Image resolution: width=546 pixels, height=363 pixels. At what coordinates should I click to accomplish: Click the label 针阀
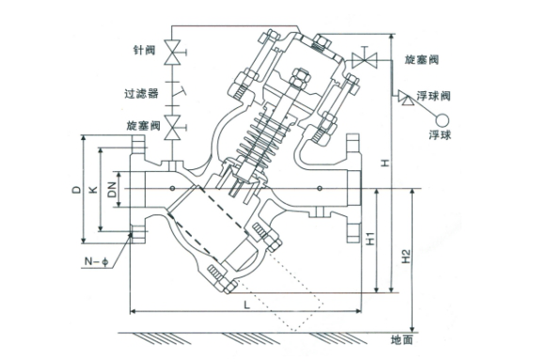[144, 51]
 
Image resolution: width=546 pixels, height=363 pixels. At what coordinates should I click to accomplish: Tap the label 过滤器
[142, 94]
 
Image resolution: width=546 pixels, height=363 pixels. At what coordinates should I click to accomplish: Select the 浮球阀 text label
[433, 96]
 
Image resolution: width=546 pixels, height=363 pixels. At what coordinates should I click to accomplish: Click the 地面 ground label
[402, 339]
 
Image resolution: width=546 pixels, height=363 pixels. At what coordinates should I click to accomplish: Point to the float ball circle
[443, 121]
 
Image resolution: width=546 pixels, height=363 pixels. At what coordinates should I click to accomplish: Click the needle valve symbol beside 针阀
[173, 53]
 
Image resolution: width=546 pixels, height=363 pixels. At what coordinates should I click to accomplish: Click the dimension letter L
[247, 306]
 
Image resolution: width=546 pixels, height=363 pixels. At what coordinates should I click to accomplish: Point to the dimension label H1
[370, 239]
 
